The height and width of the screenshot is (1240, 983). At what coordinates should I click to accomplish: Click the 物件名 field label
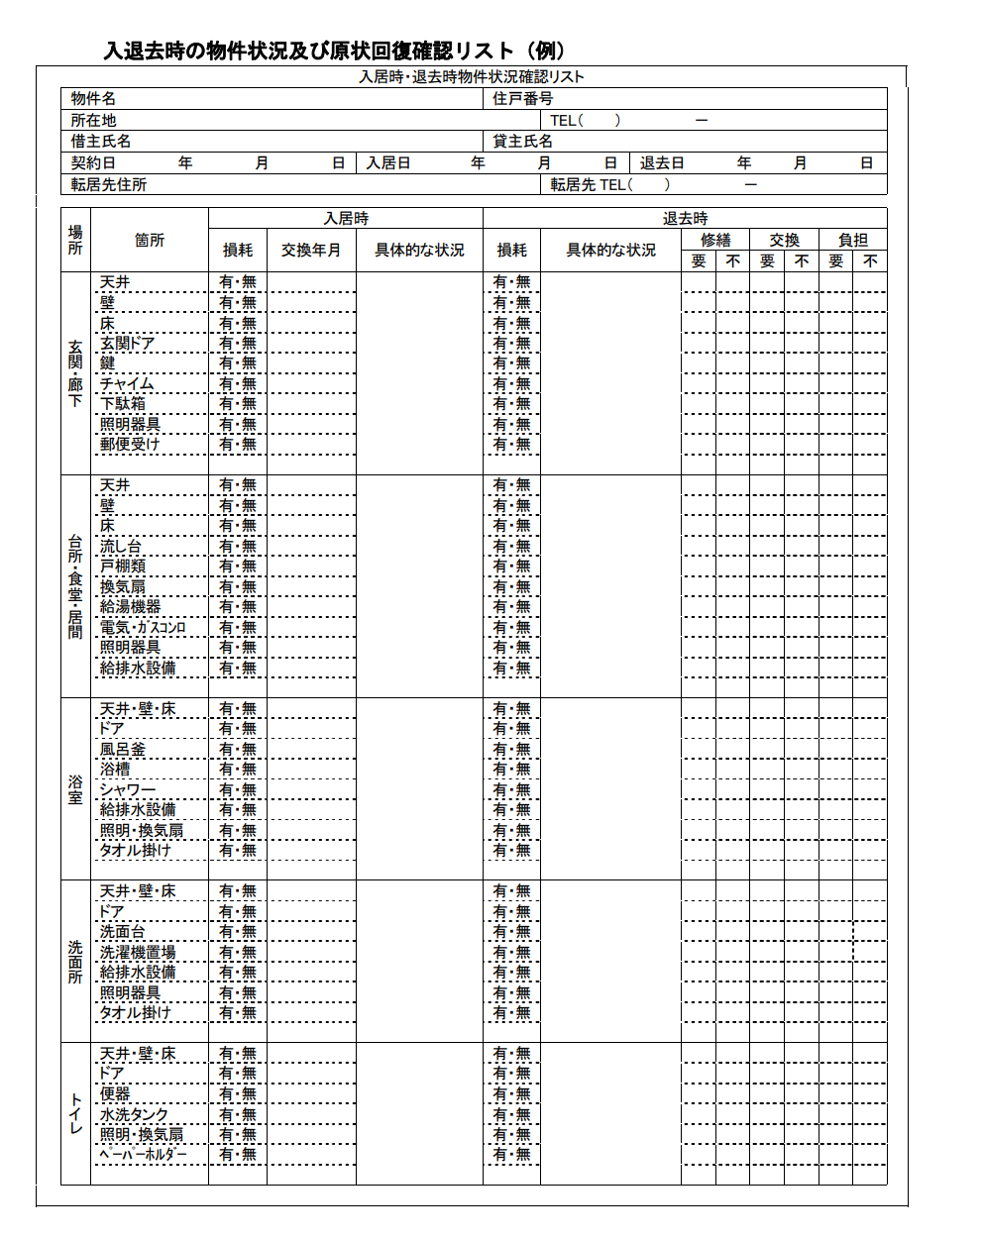pos(93,99)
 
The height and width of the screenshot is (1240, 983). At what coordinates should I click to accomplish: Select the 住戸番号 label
pos(522,99)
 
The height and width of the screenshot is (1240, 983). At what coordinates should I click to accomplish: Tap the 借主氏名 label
pos(101,142)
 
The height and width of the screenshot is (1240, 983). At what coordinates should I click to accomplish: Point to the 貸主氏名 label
pos(522,142)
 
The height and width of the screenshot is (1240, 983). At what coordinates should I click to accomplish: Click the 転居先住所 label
pos(109,185)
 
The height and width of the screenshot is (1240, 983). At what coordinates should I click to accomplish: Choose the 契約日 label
pos(93,163)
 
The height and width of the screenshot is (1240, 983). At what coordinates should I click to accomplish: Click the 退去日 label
pos(662,163)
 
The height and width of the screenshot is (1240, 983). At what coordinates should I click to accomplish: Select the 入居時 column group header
pos(346,219)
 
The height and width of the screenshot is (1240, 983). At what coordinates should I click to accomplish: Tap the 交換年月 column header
pos(311,251)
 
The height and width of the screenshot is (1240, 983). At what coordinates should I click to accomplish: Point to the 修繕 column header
pos(715,241)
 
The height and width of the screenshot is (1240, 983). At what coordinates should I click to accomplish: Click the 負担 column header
pos(853,241)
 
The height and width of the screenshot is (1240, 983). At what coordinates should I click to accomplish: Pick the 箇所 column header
pos(150,241)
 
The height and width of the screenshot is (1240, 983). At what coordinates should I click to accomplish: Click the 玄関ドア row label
pos(127,344)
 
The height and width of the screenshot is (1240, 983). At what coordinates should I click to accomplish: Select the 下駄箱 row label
pos(123,404)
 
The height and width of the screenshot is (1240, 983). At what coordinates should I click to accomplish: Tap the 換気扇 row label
pos(123,587)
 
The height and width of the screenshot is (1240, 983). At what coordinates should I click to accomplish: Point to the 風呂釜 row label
pos(123,750)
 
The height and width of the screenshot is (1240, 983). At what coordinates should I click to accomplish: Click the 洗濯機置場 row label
pos(138,953)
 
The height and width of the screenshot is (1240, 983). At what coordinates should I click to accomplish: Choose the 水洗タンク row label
pos(135,1115)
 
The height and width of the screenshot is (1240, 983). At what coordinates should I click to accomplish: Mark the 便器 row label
pos(115,1094)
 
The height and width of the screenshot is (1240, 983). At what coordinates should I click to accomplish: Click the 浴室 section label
pos(75,789)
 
